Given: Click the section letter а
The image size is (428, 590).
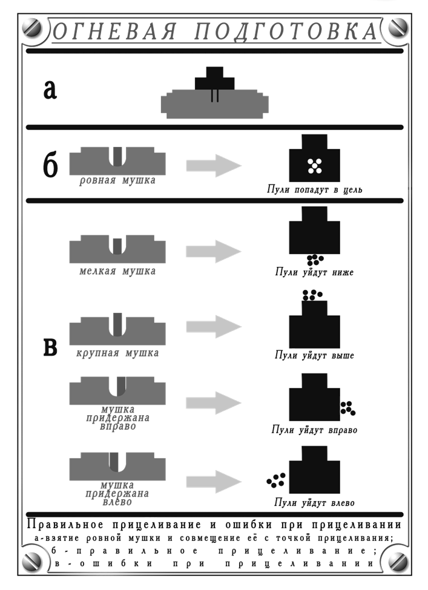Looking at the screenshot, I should tap(50, 89).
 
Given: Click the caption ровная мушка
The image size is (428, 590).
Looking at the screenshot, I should tap(117, 181).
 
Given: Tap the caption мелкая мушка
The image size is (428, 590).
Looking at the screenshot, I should tap(117, 271).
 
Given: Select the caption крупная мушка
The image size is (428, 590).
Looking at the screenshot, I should tap(117, 353).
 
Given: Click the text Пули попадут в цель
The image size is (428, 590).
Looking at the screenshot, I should tap(315, 190).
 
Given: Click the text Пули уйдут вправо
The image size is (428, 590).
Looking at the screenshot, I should tap(314, 430).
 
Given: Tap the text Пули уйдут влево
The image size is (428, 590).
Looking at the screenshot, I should tap(314, 503).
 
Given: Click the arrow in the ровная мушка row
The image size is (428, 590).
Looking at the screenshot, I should tap(214, 165).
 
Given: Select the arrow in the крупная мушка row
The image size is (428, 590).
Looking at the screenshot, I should tap(214, 327).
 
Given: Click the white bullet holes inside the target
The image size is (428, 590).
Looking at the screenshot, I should tap(314, 166).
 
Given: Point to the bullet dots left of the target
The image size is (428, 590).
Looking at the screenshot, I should tap(276, 480).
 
